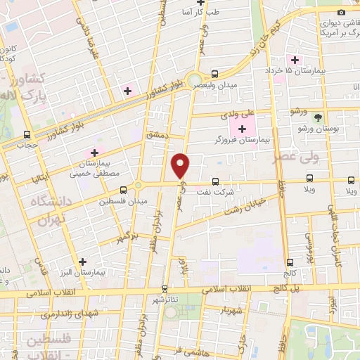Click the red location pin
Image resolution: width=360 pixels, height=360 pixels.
coord(181,165)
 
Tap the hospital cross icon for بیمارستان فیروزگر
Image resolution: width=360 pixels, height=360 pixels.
coord(242,129)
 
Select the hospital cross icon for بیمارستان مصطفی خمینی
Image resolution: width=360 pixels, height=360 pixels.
coord(92,153)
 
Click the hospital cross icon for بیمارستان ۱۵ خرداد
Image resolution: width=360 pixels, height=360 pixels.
coord(295,60)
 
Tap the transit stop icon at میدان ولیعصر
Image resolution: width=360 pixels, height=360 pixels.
coord(214,74)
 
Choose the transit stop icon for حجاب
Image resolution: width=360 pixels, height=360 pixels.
coord(27,134)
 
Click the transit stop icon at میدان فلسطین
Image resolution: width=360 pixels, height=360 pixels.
coord(124,189)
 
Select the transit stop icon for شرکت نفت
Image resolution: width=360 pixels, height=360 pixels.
coord(215,181)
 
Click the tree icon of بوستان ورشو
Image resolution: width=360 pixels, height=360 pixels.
coord(318,117)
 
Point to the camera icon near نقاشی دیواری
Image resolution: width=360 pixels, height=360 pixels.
coord(341,11)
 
